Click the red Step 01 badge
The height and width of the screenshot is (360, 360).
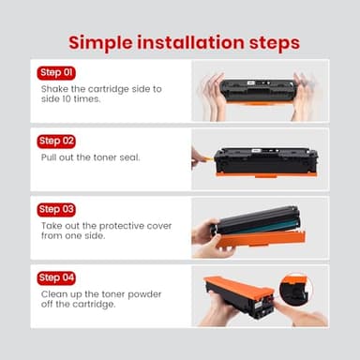pyautogui.click(x=56, y=73)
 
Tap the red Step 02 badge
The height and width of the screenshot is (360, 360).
pyautogui.click(x=56, y=142)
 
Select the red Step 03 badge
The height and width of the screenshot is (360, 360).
pyautogui.click(x=56, y=209)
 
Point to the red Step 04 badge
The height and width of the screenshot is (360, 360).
pyautogui.click(x=56, y=277)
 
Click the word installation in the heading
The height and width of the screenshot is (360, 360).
pyautogui.click(x=190, y=42)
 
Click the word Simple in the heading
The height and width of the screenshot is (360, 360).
pyautogui.click(x=100, y=43)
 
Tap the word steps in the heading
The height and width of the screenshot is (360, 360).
pyautogui.click(x=275, y=43)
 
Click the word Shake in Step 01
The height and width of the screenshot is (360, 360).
pyautogui.click(x=54, y=89)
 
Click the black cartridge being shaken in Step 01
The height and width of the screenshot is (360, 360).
pyautogui.click(x=258, y=91)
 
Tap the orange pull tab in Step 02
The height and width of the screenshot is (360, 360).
pyautogui.click(x=207, y=158)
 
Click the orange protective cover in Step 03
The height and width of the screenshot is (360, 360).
pyautogui.click(x=261, y=239)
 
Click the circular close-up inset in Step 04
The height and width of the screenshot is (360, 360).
pyautogui.click(x=295, y=291)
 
